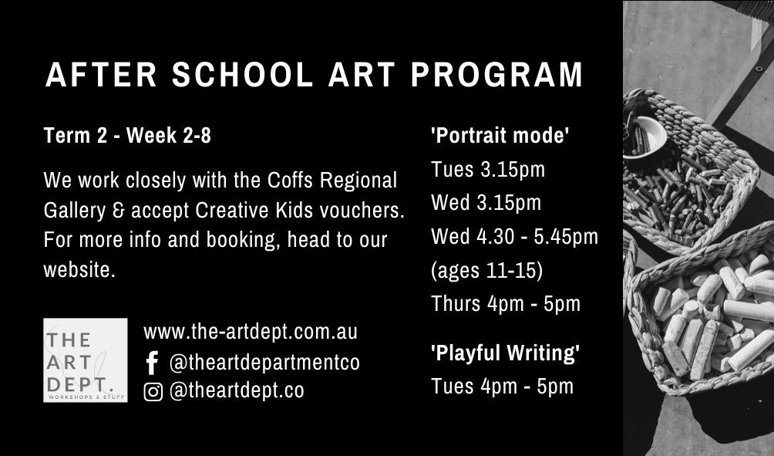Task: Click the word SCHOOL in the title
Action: pyautogui.click(x=242, y=75)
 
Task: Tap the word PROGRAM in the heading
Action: pyautogui.click(x=497, y=75)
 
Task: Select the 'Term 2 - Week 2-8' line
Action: pyautogui.click(x=127, y=135)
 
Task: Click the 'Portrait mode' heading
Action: pyautogui.click(x=500, y=135)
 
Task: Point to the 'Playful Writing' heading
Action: pyautogui.click(x=505, y=353)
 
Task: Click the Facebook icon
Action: pyautogui.click(x=153, y=363)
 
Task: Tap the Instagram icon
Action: pyautogui.click(x=153, y=392)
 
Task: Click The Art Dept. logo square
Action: pyautogui.click(x=86, y=360)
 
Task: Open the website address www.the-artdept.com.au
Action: pyautogui.click(x=251, y=332)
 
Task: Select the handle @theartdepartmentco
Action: pyautogui.click(x=264, y=363)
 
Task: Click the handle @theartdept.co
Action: pyautogui.click(x=237, y=390)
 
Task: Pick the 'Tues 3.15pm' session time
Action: pyautogui.click(x=488, y=170)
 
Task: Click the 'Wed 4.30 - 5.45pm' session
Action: pyautogui.click(x=514, y=237)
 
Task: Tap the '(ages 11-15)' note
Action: pyautogui.click(x=486, y=271)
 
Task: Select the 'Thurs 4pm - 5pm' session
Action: pyautogui.click(x=506, y=304)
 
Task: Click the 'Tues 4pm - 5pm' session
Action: pyautogui.click(x=502, y=387)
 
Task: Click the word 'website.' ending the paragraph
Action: pyautogui.click(x=79, y=270)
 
